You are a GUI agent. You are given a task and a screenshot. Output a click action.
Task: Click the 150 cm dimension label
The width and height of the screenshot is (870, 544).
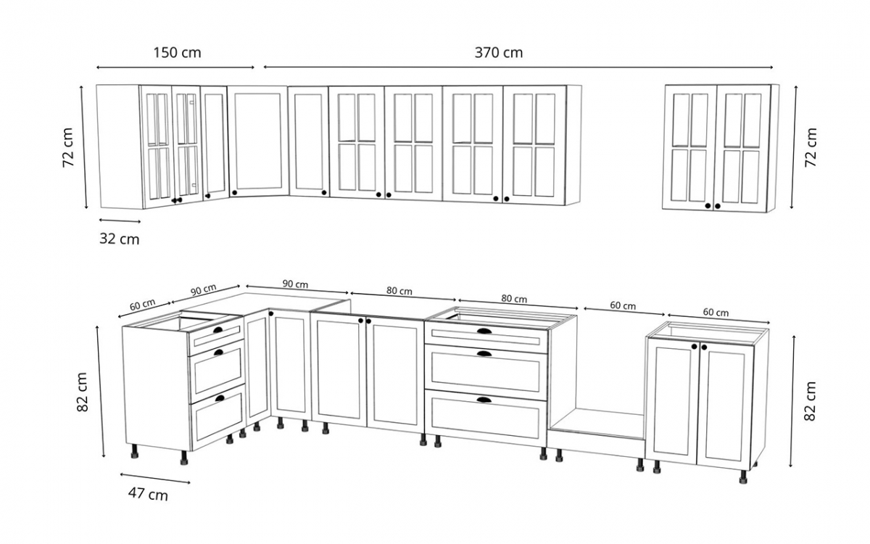(177, 53)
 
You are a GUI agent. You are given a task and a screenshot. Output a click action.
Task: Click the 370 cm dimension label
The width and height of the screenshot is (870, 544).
(499, 53)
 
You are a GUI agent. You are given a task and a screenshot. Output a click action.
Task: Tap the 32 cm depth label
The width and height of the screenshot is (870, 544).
(119, 239)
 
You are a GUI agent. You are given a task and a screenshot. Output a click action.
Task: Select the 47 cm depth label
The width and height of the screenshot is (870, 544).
(148, 495)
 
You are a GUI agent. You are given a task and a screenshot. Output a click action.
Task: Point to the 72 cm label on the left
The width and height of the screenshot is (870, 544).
(68, 148)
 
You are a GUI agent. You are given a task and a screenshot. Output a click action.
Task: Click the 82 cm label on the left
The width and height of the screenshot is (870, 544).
(81, 392)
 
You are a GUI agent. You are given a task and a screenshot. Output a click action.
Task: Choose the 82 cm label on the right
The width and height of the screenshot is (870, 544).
(811, 401)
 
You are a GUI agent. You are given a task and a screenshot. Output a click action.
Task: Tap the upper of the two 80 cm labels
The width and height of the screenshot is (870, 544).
(399, 291)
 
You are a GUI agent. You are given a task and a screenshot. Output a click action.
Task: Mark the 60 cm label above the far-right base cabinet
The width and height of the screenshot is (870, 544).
(716, 313)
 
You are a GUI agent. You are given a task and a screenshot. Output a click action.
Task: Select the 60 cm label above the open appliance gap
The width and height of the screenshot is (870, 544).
(622, 305)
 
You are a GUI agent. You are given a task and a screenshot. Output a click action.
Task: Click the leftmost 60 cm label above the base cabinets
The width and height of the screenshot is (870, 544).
(143, 305)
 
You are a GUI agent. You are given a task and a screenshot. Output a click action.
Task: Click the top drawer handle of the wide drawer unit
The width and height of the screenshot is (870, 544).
(484, 332)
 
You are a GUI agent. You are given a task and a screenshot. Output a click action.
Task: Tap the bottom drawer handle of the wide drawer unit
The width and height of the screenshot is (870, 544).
(484, 399)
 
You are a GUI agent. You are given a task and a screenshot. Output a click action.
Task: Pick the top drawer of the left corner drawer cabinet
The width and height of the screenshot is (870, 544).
(215, 336)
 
